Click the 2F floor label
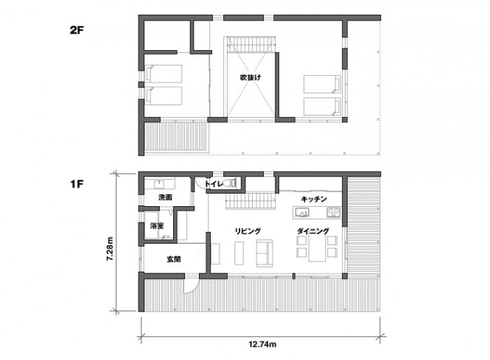click(x=77, y=31)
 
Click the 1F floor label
click(x=77, y=184)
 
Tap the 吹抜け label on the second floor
click(x=251, y=77)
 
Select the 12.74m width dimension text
click(x=262, y=345)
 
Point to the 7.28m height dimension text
click(x=110, y=249)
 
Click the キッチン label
click(x=314, y=199)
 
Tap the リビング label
click(x=248, y=231)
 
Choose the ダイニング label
click(x=313, y=231)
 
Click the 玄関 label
click(x=174, y=259)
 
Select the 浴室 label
click(x=157, y=225)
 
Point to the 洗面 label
click(x=165, y=197)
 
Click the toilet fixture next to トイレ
click(x=231, y=183)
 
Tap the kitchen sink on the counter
click(x=302, y=213)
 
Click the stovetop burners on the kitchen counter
click(x=334, y=212)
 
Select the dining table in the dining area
click(x=317, y=247)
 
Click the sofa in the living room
click(x=265, y=253)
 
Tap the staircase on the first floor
click(x=251, y=202)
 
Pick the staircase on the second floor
click(x=251, y=45)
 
